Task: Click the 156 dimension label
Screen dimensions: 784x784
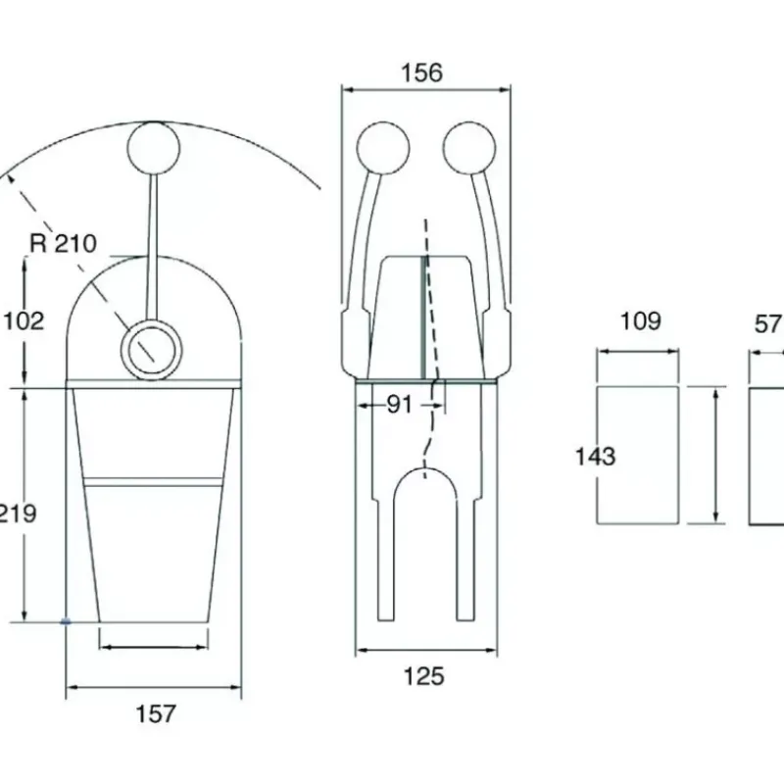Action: (422, 73)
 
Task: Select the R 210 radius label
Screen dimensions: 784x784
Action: (63, 243)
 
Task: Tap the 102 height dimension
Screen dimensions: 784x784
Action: (24, 320)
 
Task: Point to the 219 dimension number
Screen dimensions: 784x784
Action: (18, 514)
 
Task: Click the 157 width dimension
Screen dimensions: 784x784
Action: (156, 713)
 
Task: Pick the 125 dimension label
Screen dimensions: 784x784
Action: (423, 676)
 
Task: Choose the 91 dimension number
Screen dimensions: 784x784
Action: (400, 405)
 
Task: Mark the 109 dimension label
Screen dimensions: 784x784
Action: (641, 321)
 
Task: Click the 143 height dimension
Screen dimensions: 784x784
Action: (595, 457)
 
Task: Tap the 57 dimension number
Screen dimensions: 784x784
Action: (768, 324)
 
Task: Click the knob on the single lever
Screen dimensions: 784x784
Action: (154, 148)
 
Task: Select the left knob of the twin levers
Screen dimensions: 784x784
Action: (383, 148)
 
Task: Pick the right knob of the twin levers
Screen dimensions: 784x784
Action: (469, 148)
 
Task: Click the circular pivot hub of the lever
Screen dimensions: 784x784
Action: (151, 350)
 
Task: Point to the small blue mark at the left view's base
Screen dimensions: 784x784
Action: (66, 621)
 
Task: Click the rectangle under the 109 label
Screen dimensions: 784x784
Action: (638, 455)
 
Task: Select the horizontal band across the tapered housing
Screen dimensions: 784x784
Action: (153, 481)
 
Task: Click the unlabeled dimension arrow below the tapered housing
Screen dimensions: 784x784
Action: (154, 647)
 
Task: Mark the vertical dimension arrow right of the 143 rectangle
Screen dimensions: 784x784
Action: (716, 456)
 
